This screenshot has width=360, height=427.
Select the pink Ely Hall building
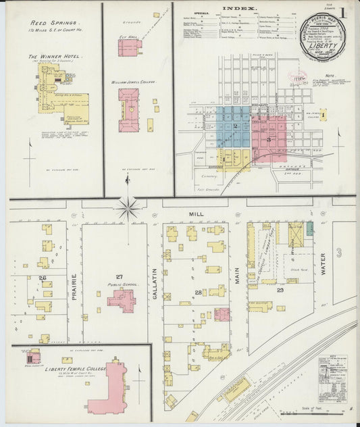tap(130, 47)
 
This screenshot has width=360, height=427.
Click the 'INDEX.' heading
tap(240, 9)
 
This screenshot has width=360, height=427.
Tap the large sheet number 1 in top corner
tap(344, 11)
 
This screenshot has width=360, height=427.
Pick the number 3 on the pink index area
tap(269, 139)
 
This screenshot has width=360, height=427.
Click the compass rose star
tap(128, 207)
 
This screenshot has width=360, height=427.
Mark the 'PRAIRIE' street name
tap(74, 284)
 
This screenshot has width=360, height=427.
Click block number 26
tap(42, 278)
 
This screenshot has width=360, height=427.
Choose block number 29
tap(280, 289)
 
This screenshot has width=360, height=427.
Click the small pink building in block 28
tap(222, 314)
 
